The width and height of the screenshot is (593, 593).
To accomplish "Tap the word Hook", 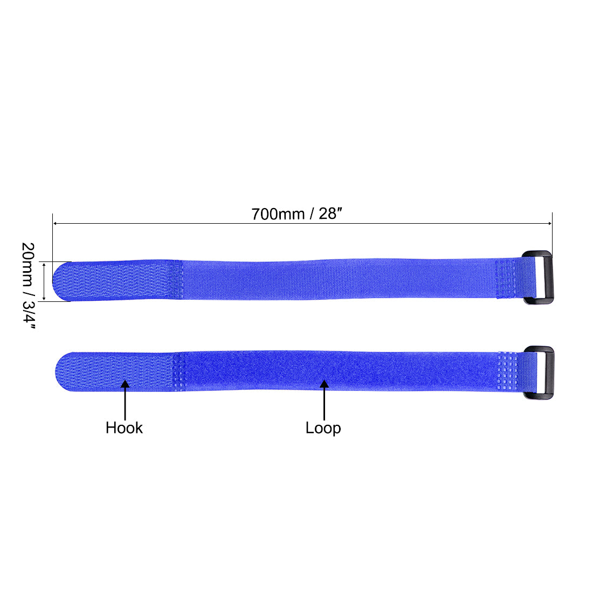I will [124, 427].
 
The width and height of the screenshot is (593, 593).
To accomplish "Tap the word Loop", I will [323, 427].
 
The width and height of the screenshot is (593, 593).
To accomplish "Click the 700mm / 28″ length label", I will [297, 213].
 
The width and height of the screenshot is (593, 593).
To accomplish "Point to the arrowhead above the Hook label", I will [125, 384].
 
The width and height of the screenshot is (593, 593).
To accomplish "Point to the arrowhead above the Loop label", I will [324, 384].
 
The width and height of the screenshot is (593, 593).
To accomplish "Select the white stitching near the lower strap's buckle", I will [508, 371].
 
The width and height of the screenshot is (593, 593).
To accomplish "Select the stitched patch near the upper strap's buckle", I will [507, 279].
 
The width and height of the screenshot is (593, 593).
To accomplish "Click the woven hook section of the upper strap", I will [119, 280].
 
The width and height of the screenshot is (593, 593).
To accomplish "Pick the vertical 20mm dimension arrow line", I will [44, 281].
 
